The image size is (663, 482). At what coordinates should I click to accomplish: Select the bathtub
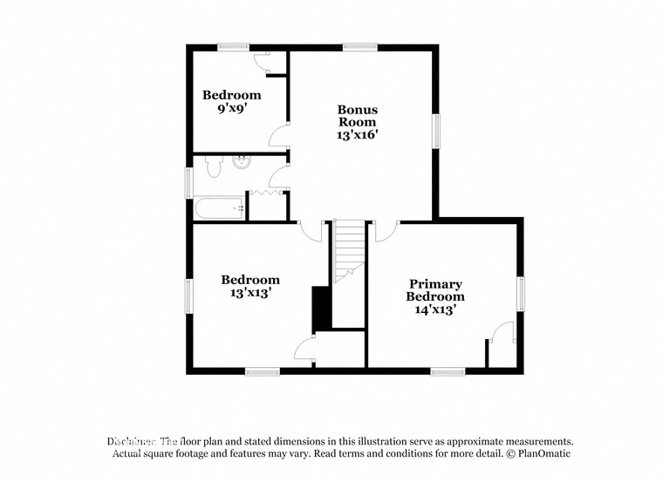click(x=219, y=207)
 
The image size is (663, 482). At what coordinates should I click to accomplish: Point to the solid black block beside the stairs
click(x=320, y=306)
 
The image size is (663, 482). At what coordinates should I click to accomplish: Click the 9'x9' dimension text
click(x=231, y=110)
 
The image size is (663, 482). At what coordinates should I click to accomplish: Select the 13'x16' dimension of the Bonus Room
click(x=358, y=135)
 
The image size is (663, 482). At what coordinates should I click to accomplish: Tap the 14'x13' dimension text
click(x=435, y=309)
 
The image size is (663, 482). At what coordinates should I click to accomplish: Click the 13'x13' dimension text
click(x=250, y=294)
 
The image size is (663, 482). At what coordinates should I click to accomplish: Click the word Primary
click(x=435, y=284)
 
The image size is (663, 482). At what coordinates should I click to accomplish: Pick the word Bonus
click(x=358, y=110)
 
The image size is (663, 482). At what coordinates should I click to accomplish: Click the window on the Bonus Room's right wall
click(x=437, y=131)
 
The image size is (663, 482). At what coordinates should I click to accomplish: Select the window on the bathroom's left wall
click(x=188, y=182)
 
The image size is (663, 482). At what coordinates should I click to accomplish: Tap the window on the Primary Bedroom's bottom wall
click(x=448, y=371)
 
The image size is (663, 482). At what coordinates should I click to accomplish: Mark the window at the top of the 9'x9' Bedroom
click(x=234, y=47)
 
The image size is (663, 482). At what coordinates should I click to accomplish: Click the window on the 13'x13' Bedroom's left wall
click(x=188, y=296)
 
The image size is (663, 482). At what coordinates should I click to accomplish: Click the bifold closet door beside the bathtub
click(x=269, y=193)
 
